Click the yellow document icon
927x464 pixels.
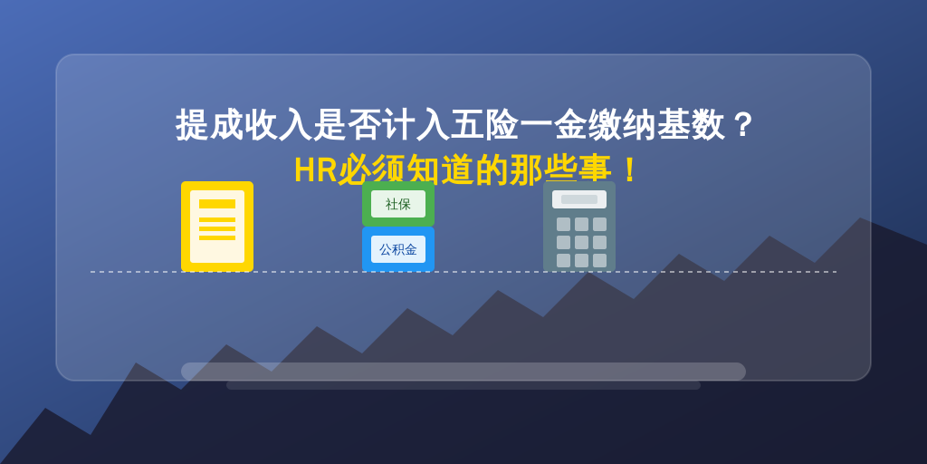(217, 227)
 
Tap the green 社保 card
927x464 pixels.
(398, 204)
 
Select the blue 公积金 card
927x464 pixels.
(398, 250)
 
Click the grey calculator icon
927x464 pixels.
(579, 227)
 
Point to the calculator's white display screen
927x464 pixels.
(579, 199)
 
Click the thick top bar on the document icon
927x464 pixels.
(217, 204)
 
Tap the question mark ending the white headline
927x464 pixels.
(741, 125)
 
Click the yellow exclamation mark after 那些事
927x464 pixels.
(630, 170)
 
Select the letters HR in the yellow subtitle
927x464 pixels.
(316, 170)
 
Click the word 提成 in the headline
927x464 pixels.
(209, 125)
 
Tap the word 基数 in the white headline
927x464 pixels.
(691, 125)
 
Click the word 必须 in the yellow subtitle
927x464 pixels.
(371, 170)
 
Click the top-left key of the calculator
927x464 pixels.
(563, 225)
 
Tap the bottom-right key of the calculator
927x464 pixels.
(599, 260)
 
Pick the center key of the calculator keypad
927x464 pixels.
(582, 243)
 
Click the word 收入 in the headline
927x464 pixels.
(278, 125)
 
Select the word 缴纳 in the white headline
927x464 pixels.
(623, 125)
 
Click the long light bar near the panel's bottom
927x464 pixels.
(463, 372)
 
